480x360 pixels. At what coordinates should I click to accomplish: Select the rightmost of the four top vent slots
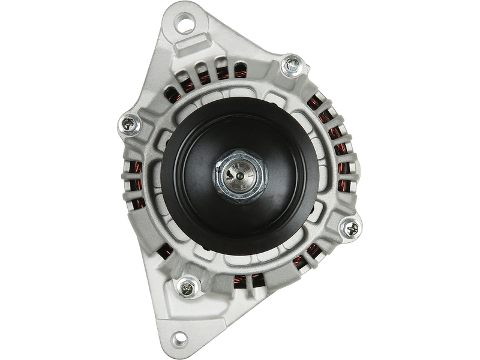click(x=241, y=69)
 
